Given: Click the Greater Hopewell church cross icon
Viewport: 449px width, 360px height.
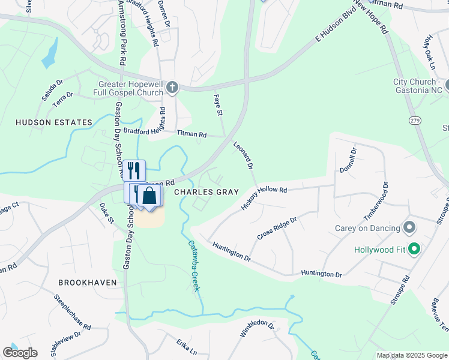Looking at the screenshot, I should (172, 87).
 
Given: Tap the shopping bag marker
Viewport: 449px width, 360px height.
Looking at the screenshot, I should (149, 196).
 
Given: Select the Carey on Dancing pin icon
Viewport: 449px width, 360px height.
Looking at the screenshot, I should (410, 228).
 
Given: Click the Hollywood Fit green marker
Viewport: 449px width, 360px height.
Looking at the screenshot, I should (413, 249).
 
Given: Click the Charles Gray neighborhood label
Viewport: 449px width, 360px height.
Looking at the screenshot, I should (206, 192).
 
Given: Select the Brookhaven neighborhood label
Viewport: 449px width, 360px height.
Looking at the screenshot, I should (86, 281).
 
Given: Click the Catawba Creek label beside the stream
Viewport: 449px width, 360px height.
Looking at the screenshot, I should (194, 265).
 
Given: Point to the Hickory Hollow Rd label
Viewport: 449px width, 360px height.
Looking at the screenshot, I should (264, 197).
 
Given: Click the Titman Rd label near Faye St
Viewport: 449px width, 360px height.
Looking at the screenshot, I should (191, 135).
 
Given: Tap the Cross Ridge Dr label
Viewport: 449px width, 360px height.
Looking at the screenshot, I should (277, 228).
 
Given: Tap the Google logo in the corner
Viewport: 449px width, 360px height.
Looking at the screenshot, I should (20, 353).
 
